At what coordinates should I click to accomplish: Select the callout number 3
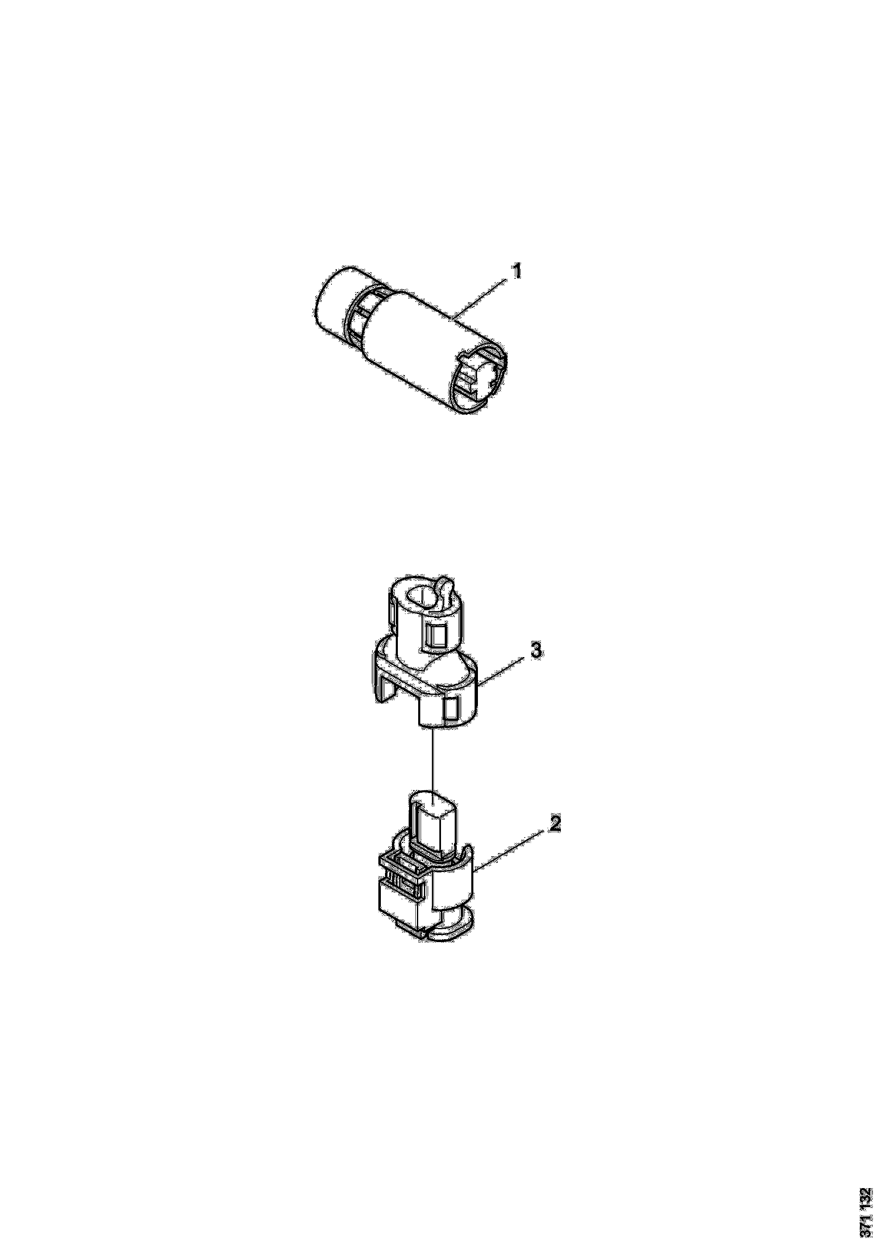[x=536, y=650]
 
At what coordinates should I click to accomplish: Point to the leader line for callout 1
[x=481, y=297]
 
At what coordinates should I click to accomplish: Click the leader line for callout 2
[x=509, y=860]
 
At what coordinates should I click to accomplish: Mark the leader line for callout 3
[x=501, y=672]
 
